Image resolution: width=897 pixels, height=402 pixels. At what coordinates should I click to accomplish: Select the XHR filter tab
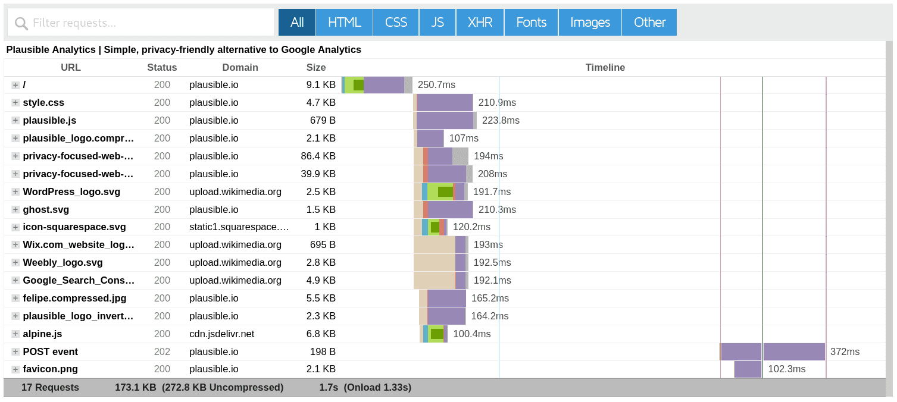coord(480,23)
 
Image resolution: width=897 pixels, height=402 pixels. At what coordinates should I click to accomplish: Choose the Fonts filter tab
coord(531,23)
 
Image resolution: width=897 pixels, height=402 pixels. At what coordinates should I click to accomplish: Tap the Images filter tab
coord(590,23)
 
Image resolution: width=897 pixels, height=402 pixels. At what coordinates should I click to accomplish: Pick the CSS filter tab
coord(396,23)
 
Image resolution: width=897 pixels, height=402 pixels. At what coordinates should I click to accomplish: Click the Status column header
coord(162,68)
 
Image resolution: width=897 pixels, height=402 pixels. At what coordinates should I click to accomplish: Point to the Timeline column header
coord(605,68)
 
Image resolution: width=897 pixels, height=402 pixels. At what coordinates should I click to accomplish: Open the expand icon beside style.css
coord(15,103)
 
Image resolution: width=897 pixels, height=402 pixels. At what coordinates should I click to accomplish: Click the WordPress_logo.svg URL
coord(71,191)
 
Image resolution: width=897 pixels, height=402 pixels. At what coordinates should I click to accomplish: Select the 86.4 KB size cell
coord(318,156)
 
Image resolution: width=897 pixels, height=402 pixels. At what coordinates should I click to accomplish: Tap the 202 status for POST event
coord(162,351)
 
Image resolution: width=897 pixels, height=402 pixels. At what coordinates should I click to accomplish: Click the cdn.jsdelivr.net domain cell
coord(221,334)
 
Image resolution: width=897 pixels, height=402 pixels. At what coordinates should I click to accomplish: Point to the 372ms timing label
coord(845,351)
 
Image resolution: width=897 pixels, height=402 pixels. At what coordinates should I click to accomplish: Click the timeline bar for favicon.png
coord(747,369)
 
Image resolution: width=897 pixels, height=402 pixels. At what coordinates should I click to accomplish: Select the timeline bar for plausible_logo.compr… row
coord(430,139)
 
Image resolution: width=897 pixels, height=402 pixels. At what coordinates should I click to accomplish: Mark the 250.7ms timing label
coord(436,85)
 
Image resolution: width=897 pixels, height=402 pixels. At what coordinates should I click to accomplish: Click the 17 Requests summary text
coord(50,388)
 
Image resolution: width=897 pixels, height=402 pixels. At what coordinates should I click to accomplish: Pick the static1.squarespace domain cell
coord(239,227)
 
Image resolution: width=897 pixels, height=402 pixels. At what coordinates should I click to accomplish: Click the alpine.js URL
coord(42,334)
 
